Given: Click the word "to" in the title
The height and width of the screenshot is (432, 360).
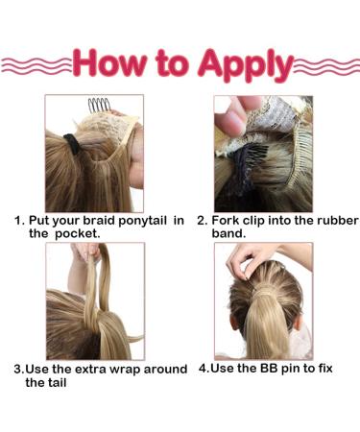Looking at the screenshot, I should coord(173,64).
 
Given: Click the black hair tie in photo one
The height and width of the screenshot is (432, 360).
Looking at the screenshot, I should coord(73,146).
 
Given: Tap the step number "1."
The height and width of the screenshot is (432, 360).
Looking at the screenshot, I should coord(19,220).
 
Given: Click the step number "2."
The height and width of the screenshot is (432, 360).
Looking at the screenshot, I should coord(203,220).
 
